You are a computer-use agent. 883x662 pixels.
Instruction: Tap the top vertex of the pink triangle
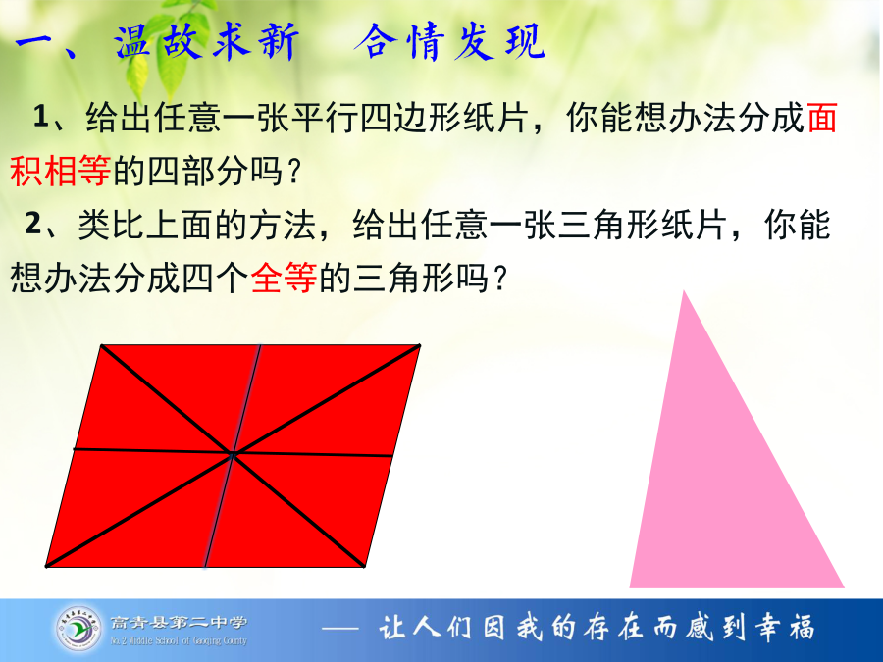(x=684, y=291)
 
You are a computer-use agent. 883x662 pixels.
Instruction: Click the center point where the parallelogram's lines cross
(x=232, y=452)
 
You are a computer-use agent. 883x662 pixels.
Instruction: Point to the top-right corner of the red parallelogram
(x=420, y=345)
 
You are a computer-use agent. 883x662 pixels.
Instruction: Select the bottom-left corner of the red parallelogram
(x=46, y=566)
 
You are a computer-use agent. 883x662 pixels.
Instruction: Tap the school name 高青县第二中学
(x=179, y=622)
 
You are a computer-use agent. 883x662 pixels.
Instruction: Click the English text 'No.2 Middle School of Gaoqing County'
(x=179, y=640)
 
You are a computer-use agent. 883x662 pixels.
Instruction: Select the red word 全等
(x=284, y=278)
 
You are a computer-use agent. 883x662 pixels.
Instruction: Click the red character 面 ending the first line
(x=821, y=118)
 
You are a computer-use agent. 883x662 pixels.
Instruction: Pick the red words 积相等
(x=60, y=171)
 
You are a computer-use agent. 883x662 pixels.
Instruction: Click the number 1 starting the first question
(x=41, y=116)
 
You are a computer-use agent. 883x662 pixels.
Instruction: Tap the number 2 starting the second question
(x=32, y=224)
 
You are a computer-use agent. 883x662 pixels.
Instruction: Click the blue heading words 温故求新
(x=207, y=41)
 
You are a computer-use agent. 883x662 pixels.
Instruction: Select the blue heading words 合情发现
(x=449, y=41)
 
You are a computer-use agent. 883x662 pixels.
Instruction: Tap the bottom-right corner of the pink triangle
(x=844, y=587)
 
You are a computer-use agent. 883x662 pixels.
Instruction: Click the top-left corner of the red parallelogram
(x=102, y=345)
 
